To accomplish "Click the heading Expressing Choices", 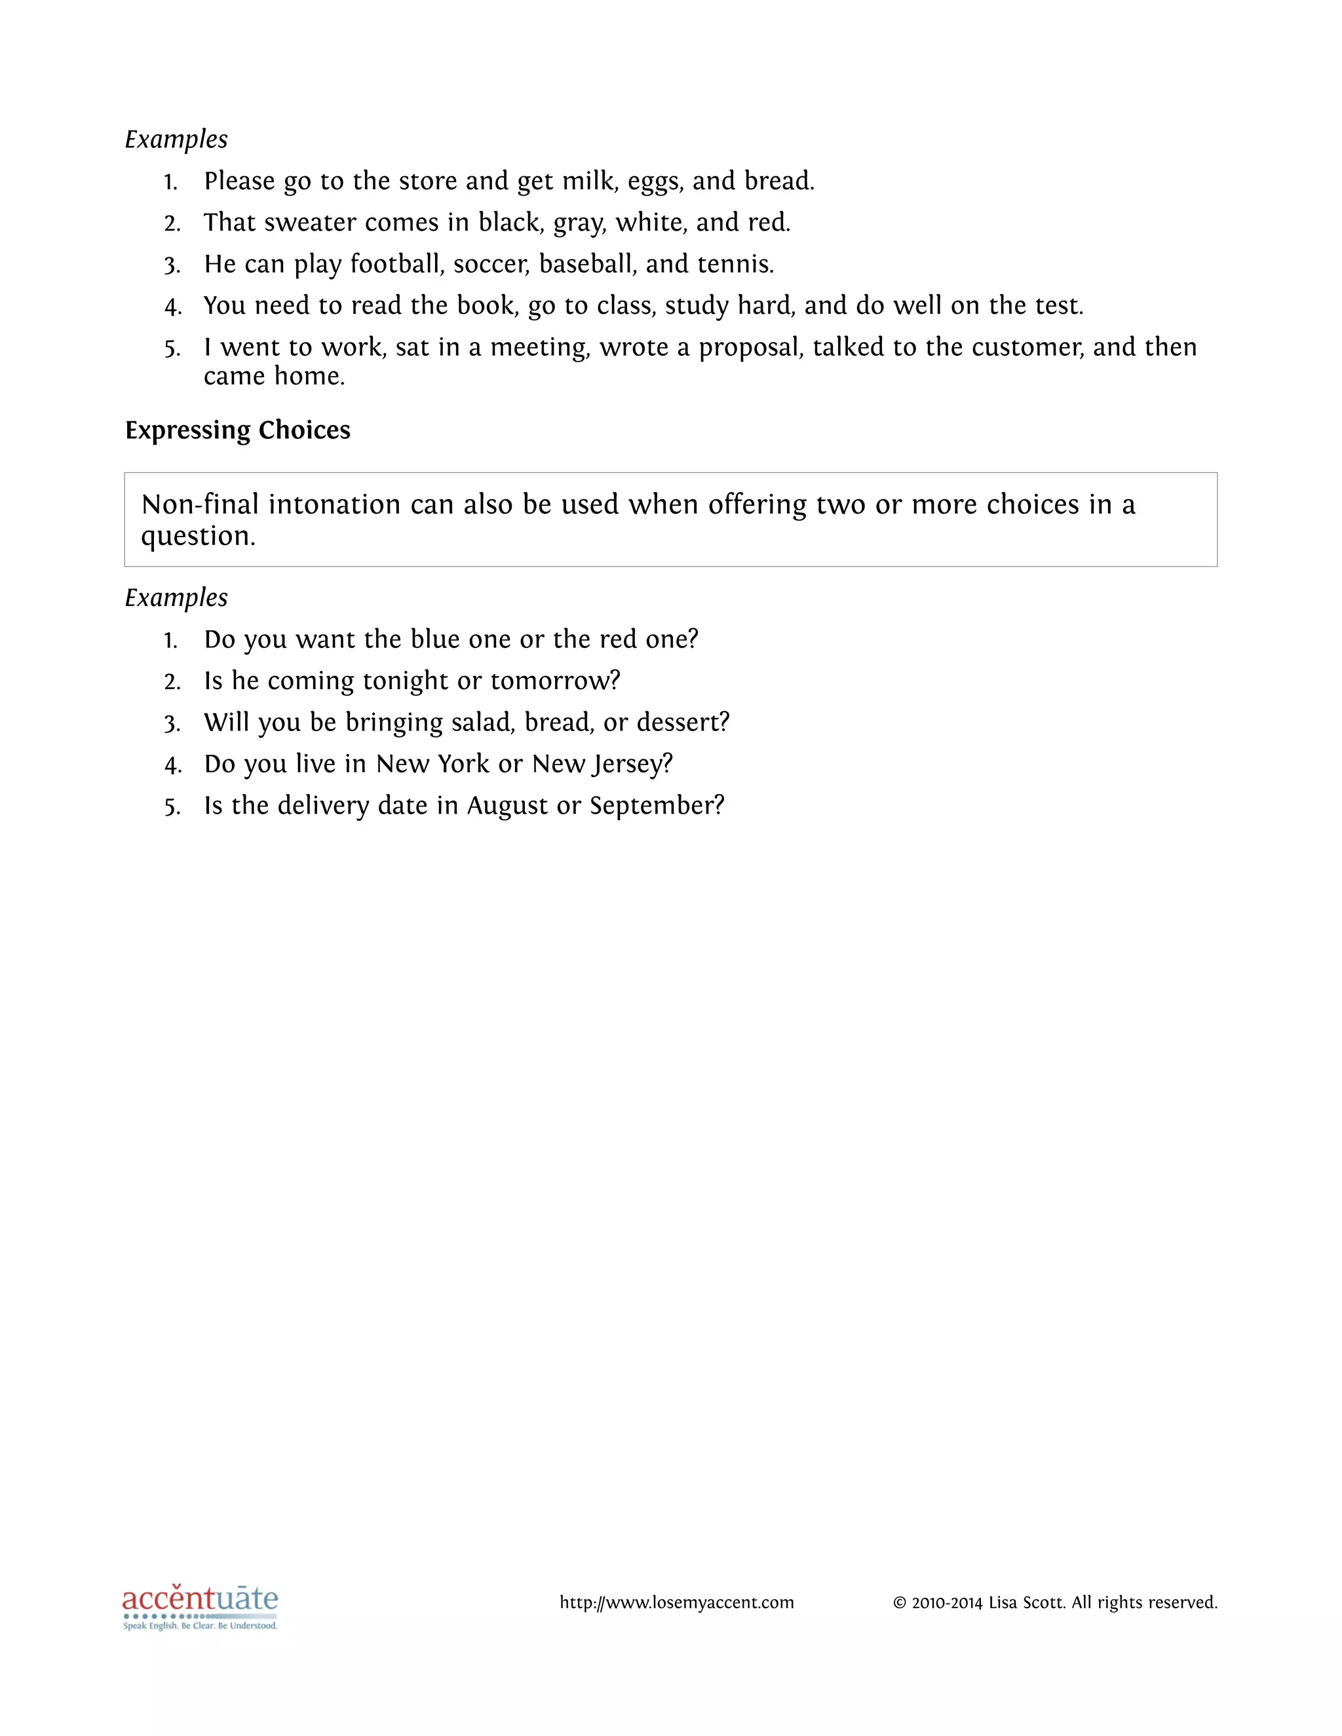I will pyautogui.click(x=237, y=430).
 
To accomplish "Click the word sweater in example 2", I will pyautogui.click(x=310, y=223).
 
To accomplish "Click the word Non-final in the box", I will pyautogui.click(x=200, y=504).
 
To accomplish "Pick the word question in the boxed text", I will pyautogui.click(x=197, y=537).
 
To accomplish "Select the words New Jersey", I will pyautogui.click(x=601, y=764).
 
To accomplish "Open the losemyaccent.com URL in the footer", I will pyautogui.click(x=676, y=1602).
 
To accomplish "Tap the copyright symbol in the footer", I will pyautogui.click(x=899, y=1603).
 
